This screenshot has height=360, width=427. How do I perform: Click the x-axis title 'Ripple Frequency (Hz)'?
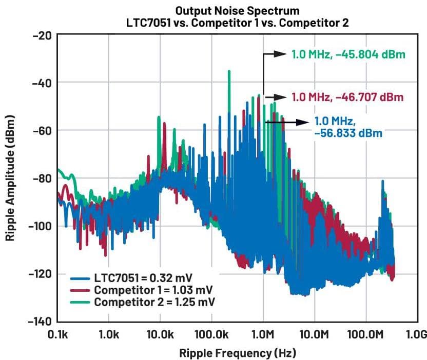click(x=237, y=353)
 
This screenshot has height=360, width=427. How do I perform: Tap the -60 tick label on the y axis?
click(x=42, y=130)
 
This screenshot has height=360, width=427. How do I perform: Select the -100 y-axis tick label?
click(x=40, y=226)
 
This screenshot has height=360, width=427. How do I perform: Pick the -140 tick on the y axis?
click(x=40, y=322)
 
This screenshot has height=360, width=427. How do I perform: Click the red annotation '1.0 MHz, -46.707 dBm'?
click(x=347, y=96)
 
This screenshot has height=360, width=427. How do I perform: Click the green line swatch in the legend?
click(x=81, y=302)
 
